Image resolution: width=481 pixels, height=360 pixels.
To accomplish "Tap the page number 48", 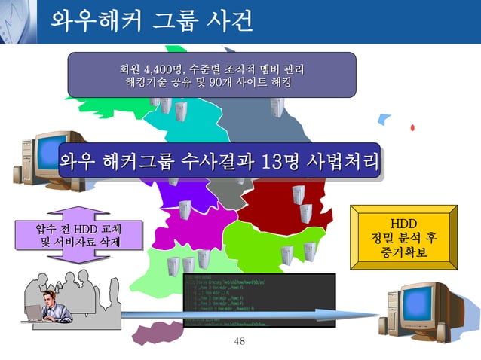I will click(240, 343).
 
